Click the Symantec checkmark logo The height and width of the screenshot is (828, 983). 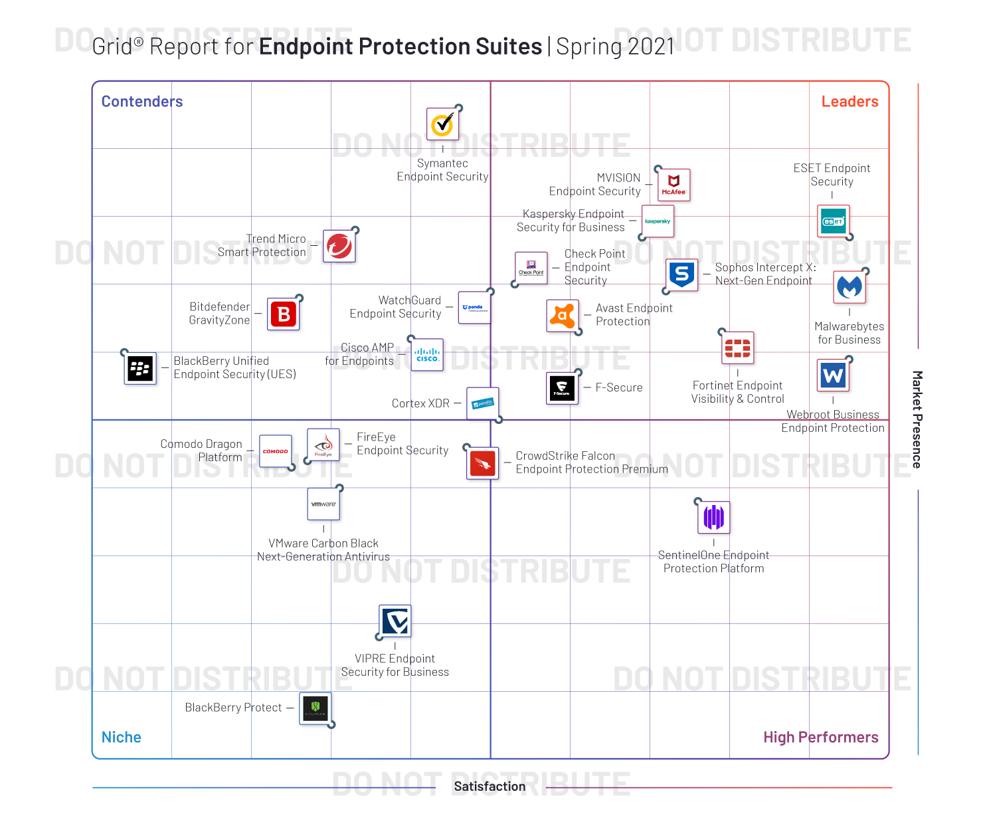(442, 124)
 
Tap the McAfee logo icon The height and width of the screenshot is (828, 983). (673, 185)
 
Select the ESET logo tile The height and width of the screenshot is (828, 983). (833, 221)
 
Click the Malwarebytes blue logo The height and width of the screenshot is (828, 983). (849, 286)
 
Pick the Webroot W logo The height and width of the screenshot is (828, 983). (833, 376)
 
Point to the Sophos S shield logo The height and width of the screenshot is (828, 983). (682, 274)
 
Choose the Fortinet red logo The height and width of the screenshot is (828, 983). (737, 348)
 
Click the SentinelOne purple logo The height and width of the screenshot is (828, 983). (713, 517)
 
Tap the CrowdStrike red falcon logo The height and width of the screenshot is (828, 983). (483, 463)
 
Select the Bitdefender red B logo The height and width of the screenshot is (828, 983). (284, 314)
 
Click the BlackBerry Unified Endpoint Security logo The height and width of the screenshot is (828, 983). (140, 368)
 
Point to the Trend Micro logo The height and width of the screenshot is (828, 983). (339, 246)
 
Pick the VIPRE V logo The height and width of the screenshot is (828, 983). (395, 621)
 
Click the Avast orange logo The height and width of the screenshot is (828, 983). (563, 315)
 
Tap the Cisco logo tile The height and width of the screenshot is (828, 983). (427, 355)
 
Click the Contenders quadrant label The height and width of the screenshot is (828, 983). (142, 102)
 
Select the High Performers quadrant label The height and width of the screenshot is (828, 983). (820, 737)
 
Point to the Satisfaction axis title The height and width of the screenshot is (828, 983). (490, 787)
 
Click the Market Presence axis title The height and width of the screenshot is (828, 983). (917, 419)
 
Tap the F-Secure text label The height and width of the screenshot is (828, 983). (619, 388)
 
